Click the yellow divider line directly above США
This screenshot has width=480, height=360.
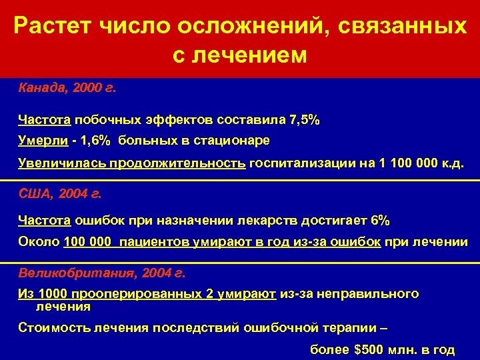tap(240, 181)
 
